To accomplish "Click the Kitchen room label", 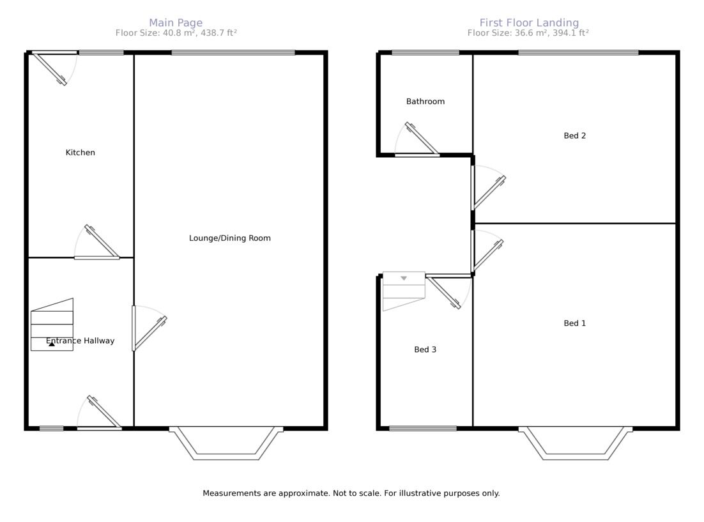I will [80, 153].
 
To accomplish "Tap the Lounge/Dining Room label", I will [230, 238].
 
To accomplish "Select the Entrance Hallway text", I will [80, 341].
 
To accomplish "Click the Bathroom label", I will [425, 102].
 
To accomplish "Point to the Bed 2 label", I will [575, 135].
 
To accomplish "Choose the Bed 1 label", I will [575, 323].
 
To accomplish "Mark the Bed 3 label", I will [425, 349].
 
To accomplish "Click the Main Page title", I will [176, 23].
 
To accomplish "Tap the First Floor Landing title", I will [529, 23].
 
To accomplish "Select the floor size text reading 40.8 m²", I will [176, 33].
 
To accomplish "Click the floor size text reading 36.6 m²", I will [528, 33].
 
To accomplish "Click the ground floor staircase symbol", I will [52, 325].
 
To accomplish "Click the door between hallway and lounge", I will [148, 330].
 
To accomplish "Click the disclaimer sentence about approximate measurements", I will [351, 493].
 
